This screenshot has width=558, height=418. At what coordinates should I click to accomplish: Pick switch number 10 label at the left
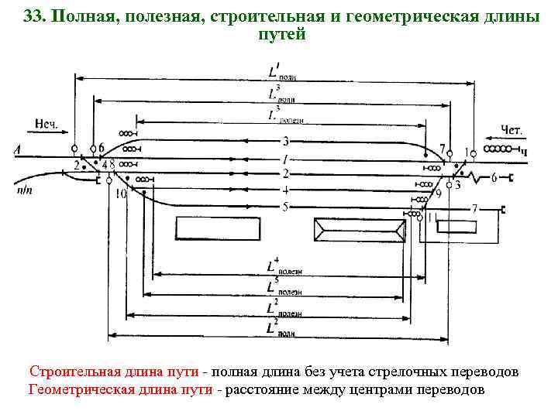[x=120, y=194]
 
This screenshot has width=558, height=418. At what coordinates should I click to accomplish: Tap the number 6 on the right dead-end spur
[x=494, y=178]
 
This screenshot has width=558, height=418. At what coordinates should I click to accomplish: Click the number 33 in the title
[x=33, y=17]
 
